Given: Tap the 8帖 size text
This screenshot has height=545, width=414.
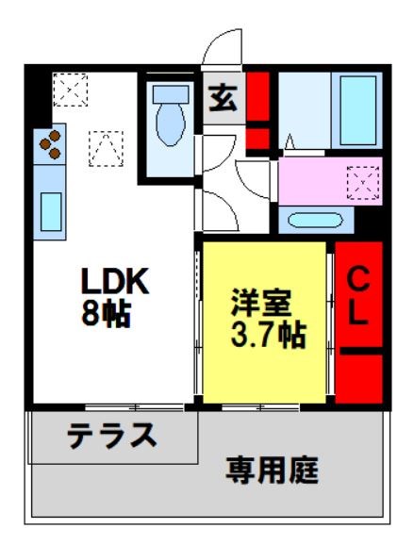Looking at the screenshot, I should point(105,313).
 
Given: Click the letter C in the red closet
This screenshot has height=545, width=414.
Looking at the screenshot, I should point(358,278).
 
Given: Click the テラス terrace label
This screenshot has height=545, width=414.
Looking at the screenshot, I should point(110,437).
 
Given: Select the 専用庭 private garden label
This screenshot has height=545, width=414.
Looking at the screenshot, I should point(271,469).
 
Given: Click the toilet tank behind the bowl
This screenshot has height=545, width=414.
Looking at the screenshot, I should point(171,94).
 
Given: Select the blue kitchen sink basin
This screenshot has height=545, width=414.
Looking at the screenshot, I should point(50,210).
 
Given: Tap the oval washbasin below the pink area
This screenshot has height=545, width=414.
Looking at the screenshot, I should point(315,222).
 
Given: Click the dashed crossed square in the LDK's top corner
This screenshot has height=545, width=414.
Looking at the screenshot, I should point(69,91).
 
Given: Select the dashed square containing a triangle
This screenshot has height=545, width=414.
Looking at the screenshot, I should point(106,147).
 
